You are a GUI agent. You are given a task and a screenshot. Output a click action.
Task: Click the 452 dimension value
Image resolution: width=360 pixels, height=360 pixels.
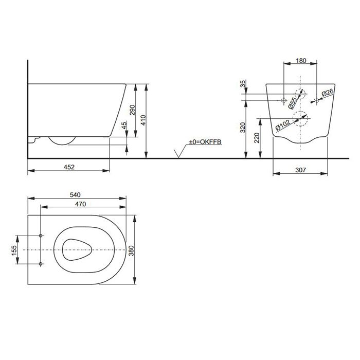point(69,167)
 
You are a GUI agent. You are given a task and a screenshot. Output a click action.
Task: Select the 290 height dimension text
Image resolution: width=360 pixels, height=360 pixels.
point(132,110)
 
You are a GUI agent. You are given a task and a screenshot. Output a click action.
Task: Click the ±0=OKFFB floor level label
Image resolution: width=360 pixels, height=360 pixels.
point(205,141)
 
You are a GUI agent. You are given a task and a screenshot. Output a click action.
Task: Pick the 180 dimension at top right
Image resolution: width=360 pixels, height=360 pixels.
point(301,61)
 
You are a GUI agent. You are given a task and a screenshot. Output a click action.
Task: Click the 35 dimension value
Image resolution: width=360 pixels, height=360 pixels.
point(243,84)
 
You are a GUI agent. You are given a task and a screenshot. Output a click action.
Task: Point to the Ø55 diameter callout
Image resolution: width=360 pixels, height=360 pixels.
point(292,102)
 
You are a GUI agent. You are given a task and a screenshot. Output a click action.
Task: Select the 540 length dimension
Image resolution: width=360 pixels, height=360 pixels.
point(77,194)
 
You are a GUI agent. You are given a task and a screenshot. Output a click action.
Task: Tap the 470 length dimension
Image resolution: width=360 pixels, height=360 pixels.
point(79,204)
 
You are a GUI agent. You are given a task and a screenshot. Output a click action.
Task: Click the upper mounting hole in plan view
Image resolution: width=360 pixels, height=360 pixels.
point(41,237)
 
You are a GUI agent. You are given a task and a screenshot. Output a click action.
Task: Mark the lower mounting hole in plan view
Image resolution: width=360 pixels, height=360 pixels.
point(41,264)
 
